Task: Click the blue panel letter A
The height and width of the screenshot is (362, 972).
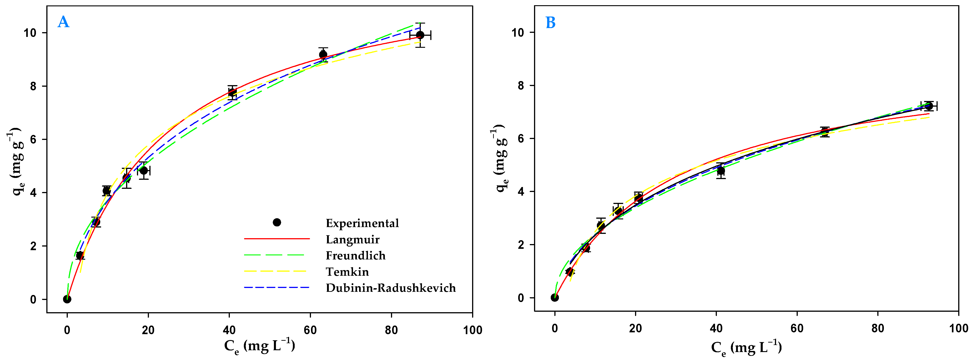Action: tap(63, 22)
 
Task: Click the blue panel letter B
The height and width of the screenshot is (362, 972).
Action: tap(551, 23)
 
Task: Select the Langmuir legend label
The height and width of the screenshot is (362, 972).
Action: tap(352, 240)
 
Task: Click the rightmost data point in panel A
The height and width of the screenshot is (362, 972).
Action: tap(420, 35)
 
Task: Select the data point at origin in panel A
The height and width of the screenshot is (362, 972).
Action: tap(67, 299)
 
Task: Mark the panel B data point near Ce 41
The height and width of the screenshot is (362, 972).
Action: tap(721, 171)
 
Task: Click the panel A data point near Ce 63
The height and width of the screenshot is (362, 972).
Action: tap(323, 54)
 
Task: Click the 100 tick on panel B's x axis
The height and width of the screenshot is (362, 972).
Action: tap(958, 328)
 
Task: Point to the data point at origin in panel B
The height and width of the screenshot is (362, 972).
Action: tap(555, 298)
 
